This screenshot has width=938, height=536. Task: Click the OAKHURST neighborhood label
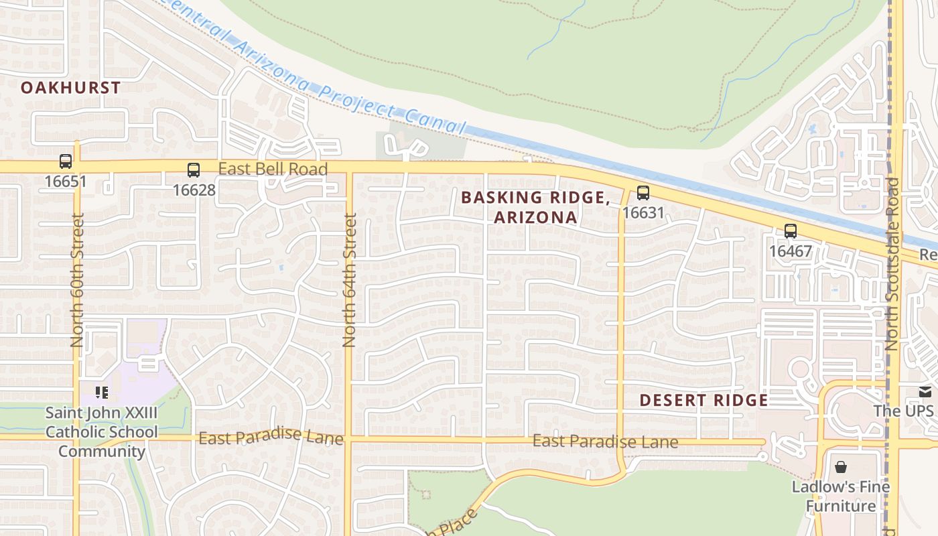[70, 87]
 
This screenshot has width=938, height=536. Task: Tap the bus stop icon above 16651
[66, 161]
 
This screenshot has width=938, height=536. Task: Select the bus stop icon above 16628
[194, 170]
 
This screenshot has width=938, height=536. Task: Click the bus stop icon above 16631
[643, 193]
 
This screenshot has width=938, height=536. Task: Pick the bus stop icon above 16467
[791, 231]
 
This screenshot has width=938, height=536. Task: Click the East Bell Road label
[273, 169]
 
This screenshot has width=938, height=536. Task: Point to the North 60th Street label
[77, 279]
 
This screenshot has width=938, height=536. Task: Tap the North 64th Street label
[349, 279]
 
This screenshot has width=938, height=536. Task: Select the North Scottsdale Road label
[892, 264]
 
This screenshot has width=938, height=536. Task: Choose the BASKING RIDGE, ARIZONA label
[535, 207]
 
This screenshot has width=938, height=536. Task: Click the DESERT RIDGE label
[703, 401]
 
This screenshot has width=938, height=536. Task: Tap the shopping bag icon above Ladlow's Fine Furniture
[841, 466]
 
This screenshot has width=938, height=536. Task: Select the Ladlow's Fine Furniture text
[841, 496]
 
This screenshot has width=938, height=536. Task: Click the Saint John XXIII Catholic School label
[102, 432]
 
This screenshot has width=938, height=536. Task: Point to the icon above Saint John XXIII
[102, 392]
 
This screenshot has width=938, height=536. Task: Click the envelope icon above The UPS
[925, 391]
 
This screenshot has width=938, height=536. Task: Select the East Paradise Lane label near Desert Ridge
[605, 442]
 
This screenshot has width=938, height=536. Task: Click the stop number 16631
[643, 213]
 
